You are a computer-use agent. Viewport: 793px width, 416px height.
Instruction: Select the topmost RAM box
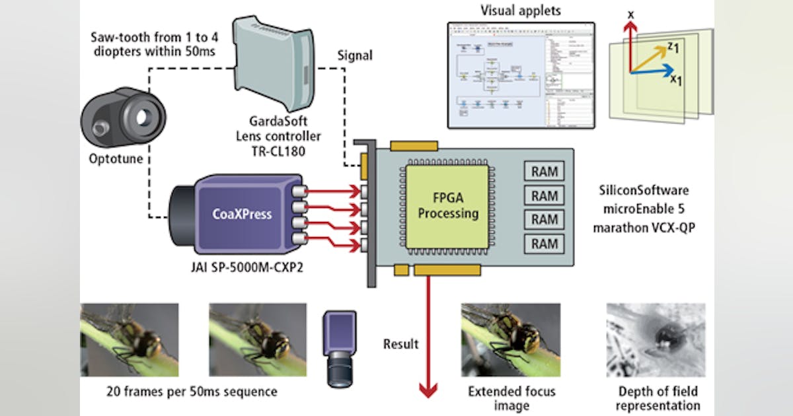point(545,172)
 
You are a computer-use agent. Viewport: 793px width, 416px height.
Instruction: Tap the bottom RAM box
point(545,244)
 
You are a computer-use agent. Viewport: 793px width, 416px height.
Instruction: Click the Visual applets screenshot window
point(521,75)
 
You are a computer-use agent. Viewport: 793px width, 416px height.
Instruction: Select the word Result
point(401,344)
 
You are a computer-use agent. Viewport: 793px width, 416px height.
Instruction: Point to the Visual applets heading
point(521,11)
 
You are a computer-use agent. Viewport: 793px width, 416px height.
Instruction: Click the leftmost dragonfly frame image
point(130,339)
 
